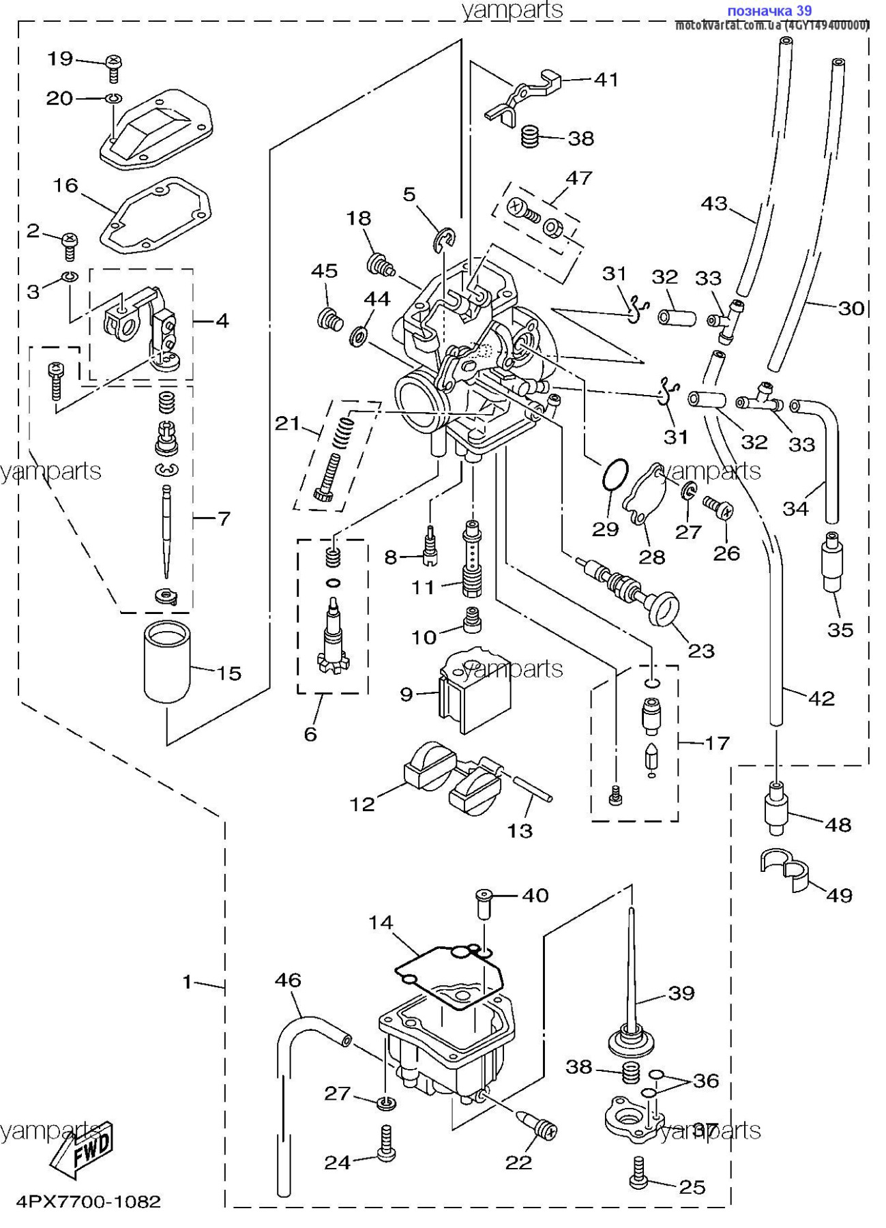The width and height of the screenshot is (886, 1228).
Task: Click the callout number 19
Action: pos(60,59)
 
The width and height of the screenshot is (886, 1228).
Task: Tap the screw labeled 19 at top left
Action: pos(114,68)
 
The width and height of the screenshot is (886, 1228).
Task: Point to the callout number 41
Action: pos(606,80)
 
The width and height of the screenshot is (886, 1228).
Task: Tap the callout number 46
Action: pos(288,980)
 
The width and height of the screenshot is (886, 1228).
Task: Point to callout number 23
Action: pos(700,651)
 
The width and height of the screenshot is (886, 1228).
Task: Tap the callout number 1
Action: pos(188,982)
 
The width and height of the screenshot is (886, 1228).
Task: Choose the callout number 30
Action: pos(851,308)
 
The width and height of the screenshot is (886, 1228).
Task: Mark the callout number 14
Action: pos(381,923)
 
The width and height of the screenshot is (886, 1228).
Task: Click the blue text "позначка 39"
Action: pos(769,11)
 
